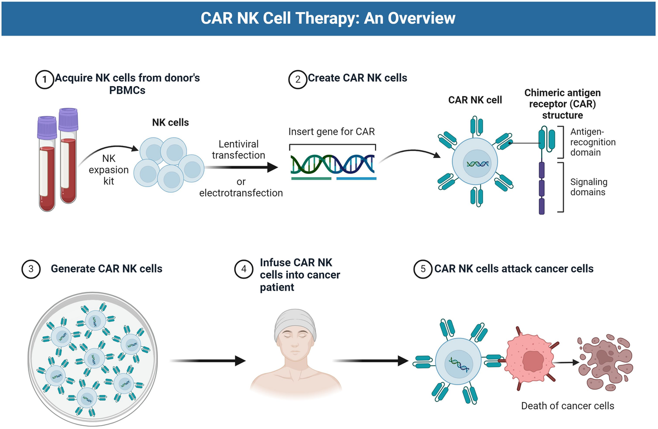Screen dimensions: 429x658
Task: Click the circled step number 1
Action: (x=44, y=79)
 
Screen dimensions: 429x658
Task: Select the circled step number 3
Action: (x=31, y=269)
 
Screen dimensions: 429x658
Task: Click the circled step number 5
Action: (x=423, y=269)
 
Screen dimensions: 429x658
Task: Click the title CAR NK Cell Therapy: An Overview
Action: (x=328, y=18)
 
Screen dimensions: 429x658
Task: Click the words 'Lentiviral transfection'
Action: (x=239, y=150)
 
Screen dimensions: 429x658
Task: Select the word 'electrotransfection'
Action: (x=241, y=193)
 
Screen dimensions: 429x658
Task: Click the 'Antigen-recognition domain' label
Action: (x=593, y=142)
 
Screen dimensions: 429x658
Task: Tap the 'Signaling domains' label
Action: (x=589, y=187)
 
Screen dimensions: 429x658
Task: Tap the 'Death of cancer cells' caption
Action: (x=568, y=406)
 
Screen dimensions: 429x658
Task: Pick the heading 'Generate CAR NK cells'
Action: (x=106, y=269)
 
